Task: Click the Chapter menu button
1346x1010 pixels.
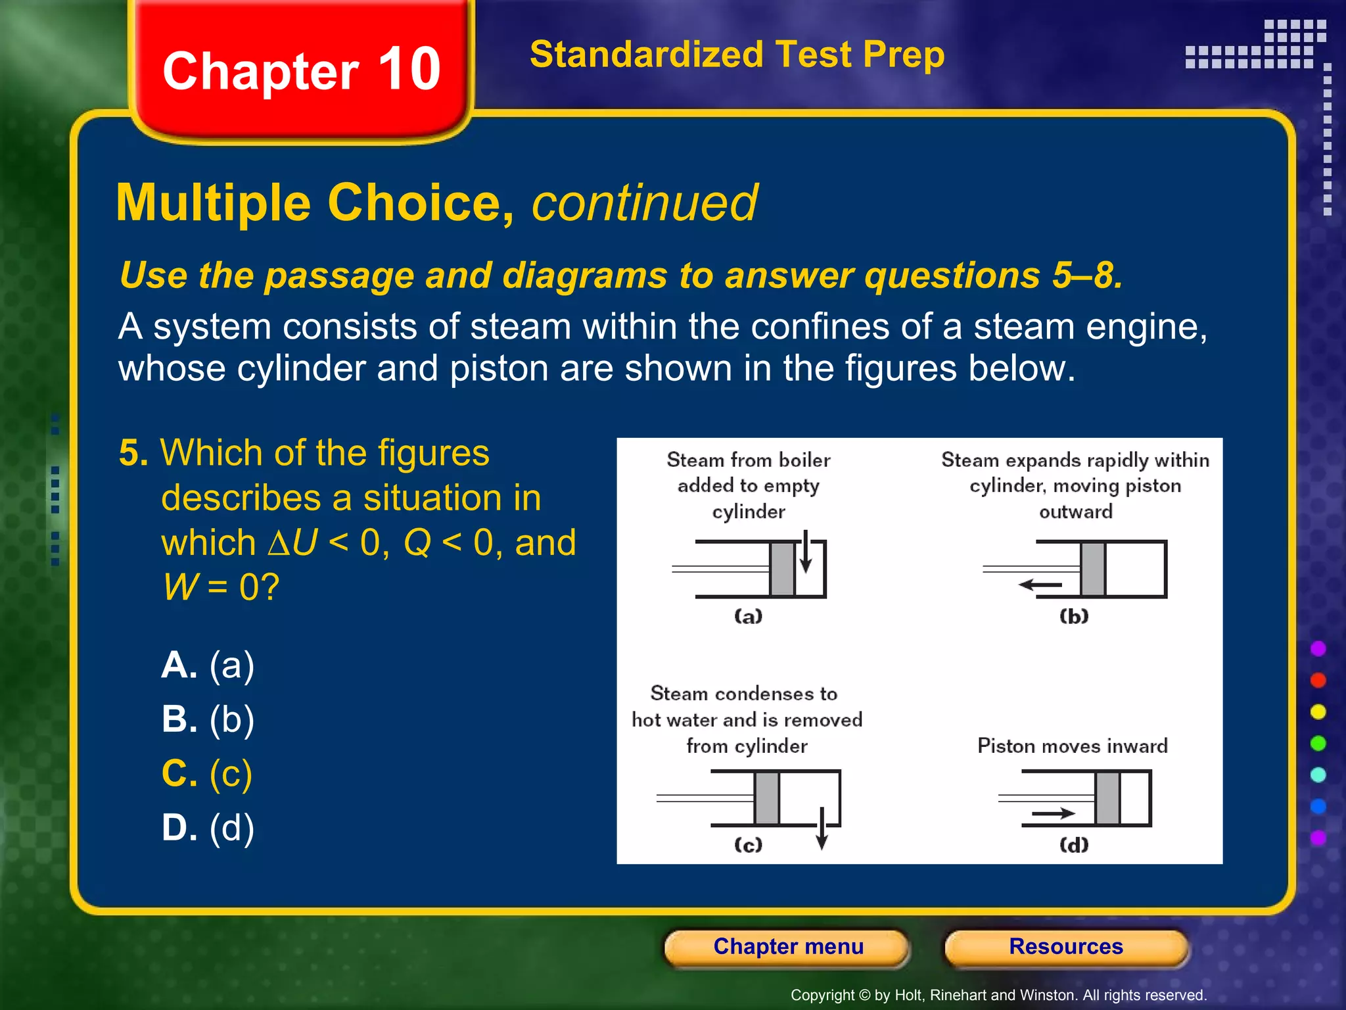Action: tap(787, 947)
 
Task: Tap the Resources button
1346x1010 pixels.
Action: tap(1065, 947)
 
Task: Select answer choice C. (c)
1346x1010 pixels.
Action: tap(207, 773)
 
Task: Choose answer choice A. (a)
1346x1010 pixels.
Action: tap(208, 665)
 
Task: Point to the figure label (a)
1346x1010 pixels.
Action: tap(748, 616)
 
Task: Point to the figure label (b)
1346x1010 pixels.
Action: tap(1074, 616)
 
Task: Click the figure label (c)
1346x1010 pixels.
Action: tap(748, 844)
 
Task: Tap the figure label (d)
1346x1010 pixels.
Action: tap(1074, 844)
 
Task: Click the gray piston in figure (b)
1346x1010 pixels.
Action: tap(1092, 569)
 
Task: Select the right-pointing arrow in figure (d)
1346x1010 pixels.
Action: tap(1053, 814)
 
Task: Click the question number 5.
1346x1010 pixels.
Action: tap(133, 453)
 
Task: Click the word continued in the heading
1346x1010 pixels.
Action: tap(644, 203)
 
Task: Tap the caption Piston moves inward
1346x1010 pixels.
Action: tap(1072, 746)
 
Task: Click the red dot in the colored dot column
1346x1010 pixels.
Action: tap(1318, 680)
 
